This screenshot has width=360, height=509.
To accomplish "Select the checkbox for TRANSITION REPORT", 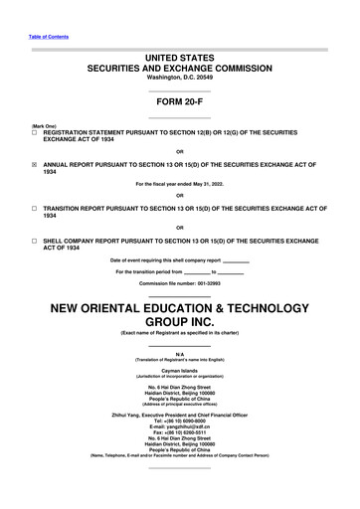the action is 34,212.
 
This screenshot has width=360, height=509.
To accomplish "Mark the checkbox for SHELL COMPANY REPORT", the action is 34,242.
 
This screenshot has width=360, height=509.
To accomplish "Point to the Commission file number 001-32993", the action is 179,284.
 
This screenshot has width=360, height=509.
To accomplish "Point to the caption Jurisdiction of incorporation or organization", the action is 179,371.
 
